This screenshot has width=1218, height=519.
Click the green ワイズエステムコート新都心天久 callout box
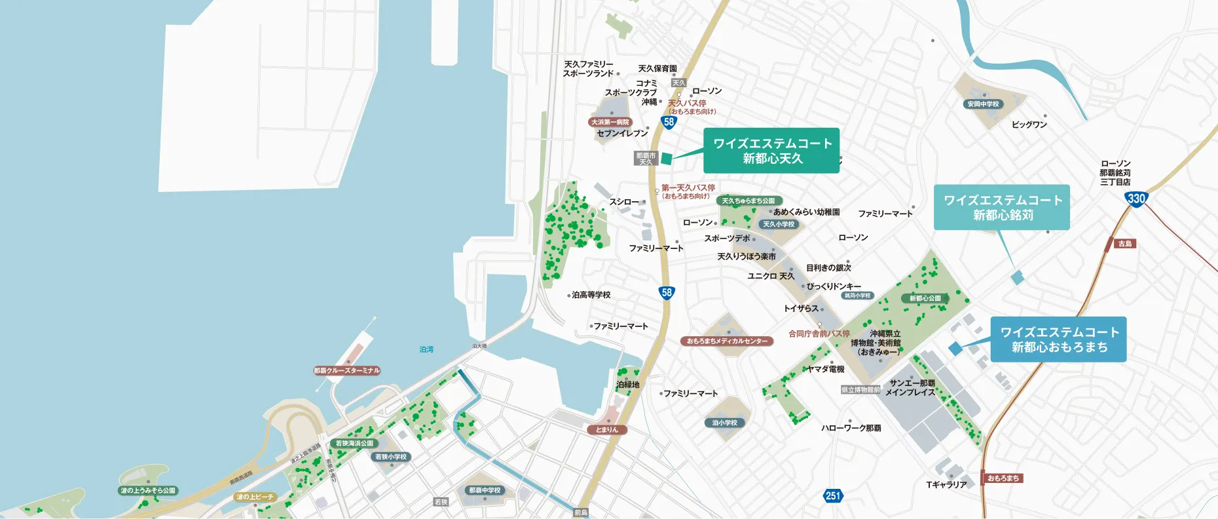(x=771, y=151)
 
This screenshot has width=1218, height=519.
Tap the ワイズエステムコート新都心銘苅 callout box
(x=1002, y=207)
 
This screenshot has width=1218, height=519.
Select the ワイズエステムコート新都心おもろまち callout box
(x=1059, y=339)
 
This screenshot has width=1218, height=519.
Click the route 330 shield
(x=1136, y=199)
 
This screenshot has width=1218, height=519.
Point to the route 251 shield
(x=832, y=496)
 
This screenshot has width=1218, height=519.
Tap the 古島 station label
(x=1124, y=244)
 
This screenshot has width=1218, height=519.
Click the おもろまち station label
(x=1003, y=478)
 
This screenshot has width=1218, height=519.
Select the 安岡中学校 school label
(x=983, y=104)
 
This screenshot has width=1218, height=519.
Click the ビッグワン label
(x=1029, y=125)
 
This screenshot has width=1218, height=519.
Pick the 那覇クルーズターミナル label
(x=346, y=371)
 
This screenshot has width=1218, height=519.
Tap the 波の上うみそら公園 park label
(x=148, y=490)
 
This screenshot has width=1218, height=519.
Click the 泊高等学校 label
(x=591, y=295)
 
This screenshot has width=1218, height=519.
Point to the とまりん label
(x=607, y=430)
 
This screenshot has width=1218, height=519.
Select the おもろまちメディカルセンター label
(x=727, y=341)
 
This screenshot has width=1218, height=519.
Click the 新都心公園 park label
(x=925, y=298)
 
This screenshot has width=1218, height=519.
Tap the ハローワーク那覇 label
(x=851, y=428)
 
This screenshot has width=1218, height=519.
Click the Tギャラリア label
(x=946, y=485)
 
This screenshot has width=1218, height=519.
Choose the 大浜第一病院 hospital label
(x=610, y=122)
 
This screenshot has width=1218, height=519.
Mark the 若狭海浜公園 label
(x=354, y=444)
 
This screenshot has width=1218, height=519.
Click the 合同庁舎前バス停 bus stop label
(x=819, y=334)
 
